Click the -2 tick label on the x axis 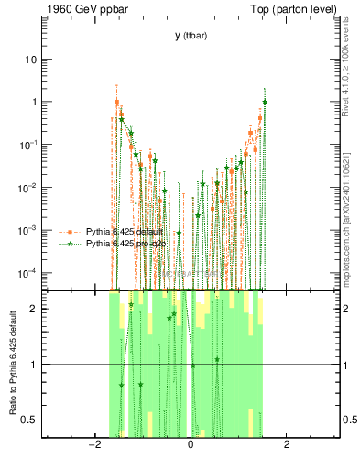tap(93, 445)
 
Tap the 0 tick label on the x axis tap(190, 445)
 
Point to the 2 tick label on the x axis tap(287, 445)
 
